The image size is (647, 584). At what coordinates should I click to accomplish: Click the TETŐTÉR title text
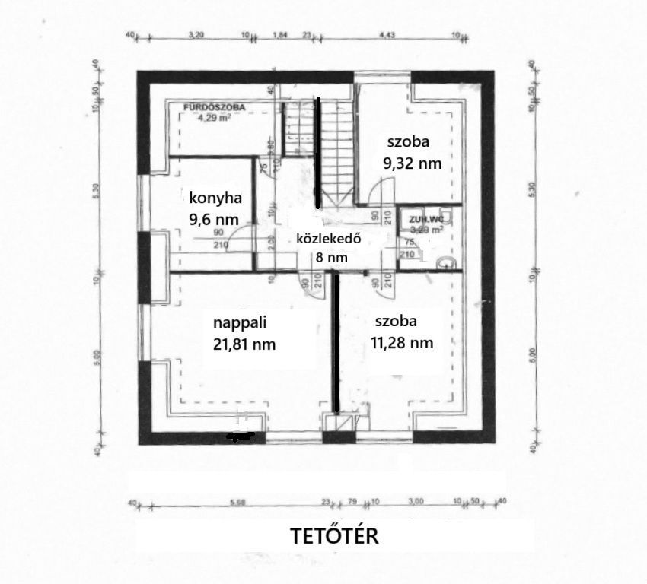coord(335,536)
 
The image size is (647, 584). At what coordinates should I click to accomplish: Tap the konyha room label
coord(215,198)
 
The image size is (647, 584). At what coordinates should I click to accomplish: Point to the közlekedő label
coord(328,239)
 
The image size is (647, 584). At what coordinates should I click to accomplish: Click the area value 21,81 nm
coord(244,344)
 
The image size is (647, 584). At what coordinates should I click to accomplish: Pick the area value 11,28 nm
coord(402,343)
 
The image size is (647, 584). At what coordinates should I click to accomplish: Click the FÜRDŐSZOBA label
coord(215,108)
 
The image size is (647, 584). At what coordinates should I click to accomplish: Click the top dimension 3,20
coord(196,35)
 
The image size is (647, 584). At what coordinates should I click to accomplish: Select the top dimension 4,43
coord(387,35)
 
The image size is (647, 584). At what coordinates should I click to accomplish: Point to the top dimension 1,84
coord(280,35)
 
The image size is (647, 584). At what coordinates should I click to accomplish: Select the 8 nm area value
coord(332,258)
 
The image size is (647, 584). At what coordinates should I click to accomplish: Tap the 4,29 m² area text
coord(213,118)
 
